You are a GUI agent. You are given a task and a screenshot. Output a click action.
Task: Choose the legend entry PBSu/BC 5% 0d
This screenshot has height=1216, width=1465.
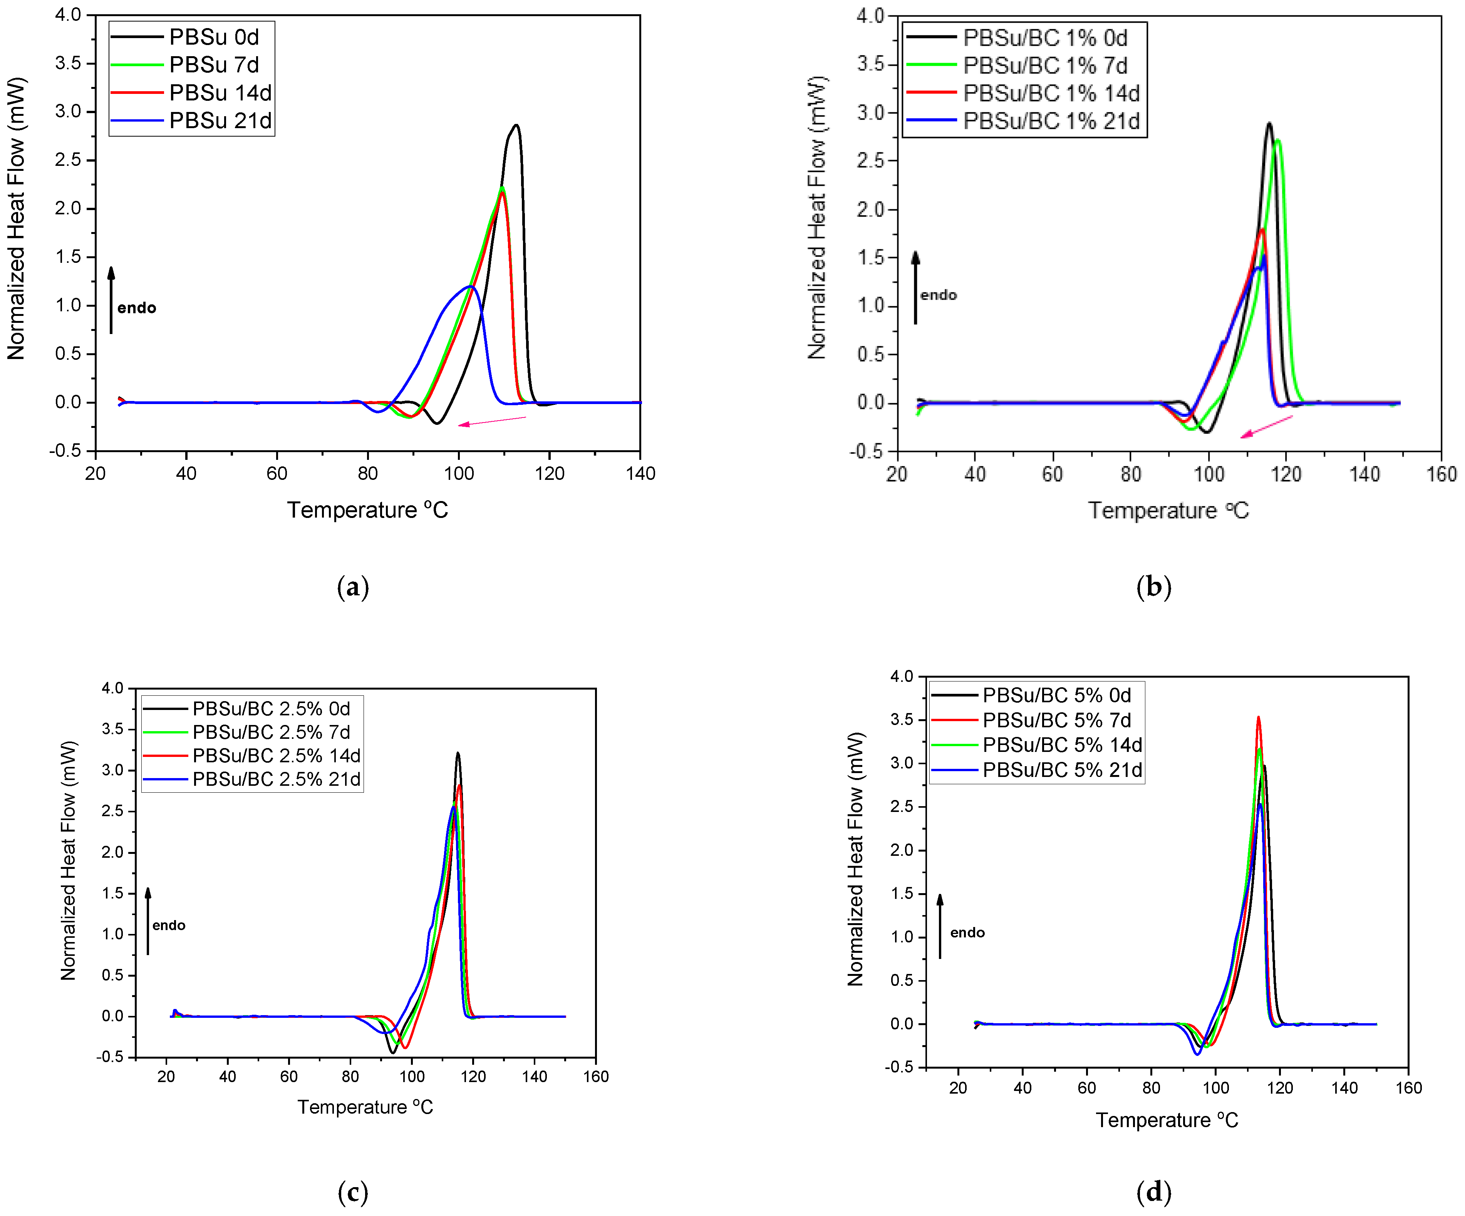click(x=1056, y=695)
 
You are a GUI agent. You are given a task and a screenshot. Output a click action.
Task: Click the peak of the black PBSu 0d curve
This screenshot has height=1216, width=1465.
click(x=516, y=125)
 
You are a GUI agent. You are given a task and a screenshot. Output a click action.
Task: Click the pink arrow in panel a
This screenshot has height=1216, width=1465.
click(x=492, y=421)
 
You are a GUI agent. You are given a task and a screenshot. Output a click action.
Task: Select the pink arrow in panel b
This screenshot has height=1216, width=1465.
click(x=1266, y=427)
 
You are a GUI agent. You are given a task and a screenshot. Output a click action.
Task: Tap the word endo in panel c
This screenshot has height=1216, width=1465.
click(x=169, y=925)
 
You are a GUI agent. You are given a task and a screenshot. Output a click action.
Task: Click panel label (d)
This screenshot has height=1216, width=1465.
click(x=1153, y=1192)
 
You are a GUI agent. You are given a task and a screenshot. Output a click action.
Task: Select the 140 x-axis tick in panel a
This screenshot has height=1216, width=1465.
click(x=640, y=473)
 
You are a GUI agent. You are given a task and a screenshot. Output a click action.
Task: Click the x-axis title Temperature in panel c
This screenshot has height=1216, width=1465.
click(x=365, y=1107)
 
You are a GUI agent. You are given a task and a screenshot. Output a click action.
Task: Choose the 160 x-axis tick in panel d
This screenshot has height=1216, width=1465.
click(x=1408, y=1088)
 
